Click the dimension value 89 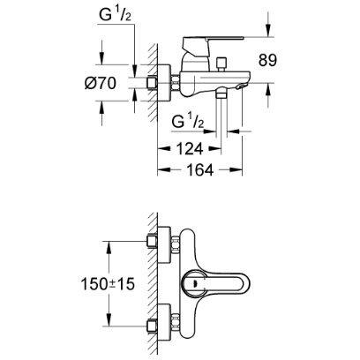(267, 60)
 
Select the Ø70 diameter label (101, 84)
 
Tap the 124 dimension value (190, 148)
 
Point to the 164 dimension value (199, 169)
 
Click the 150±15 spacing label (108, 284)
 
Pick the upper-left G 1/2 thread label (116, 15)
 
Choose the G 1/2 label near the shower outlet (188, 122)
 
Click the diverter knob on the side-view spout (221, 64)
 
